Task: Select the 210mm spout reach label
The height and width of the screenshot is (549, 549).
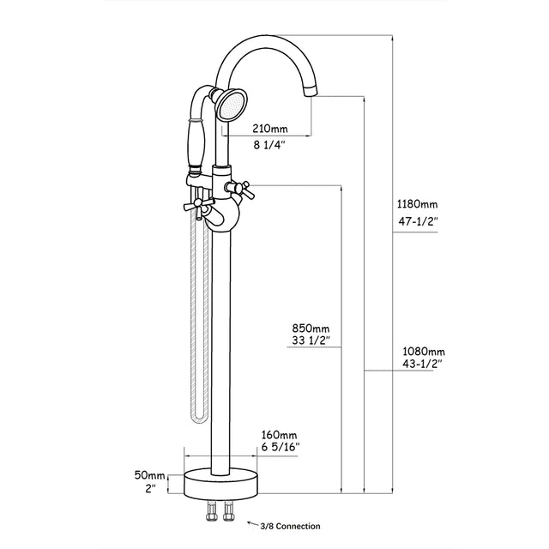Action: click(x=269, y=129)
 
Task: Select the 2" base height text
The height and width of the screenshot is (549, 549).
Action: click(x=149, y=491)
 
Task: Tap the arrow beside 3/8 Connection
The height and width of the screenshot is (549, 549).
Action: click(x=251, y=522)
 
